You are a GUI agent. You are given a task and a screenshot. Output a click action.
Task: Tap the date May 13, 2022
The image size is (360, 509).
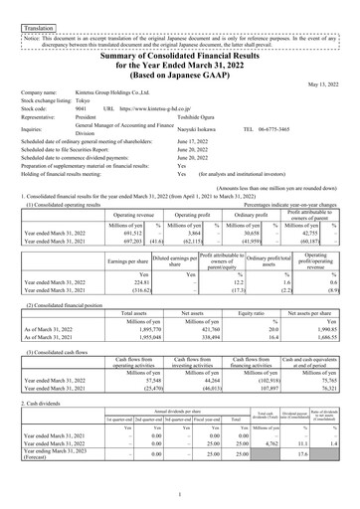(x=325, y=111)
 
